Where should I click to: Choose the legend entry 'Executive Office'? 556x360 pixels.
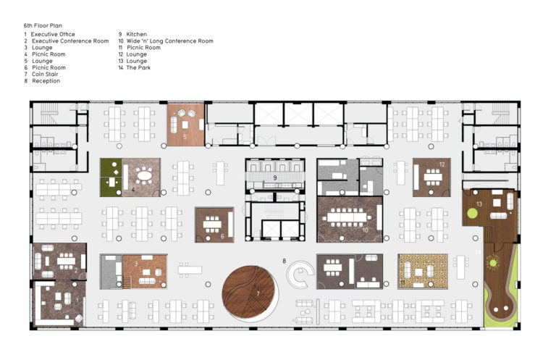tap(52, 34)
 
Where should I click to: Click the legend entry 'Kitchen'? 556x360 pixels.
tap(137, 34)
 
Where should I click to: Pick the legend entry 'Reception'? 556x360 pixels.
tap(46, 81)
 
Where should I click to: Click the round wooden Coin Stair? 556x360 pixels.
tap(250, 291)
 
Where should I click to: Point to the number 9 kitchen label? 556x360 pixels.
tap(275, 177)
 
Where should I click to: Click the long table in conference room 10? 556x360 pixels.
tap(350, 217)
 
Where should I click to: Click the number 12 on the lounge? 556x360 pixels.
tap(441, 164)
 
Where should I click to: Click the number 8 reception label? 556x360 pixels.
tap(285, 260)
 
